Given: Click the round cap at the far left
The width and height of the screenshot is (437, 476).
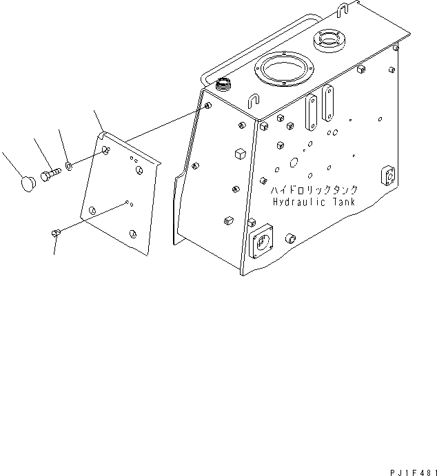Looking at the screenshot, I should [x=27, y=183].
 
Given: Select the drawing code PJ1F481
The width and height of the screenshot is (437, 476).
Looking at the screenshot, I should [x=405, y=469].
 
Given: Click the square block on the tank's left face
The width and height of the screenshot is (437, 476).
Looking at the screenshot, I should [x=240, y=152].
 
